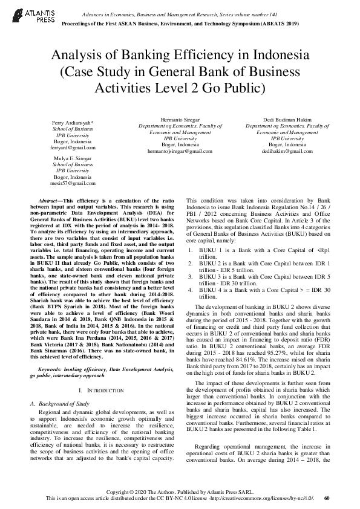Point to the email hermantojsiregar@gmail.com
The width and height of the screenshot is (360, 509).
click(179, 151)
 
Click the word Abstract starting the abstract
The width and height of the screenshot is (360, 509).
click(50, 199)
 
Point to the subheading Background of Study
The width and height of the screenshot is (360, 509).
click(63, 403)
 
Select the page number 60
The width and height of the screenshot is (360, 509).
click(327, 498)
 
